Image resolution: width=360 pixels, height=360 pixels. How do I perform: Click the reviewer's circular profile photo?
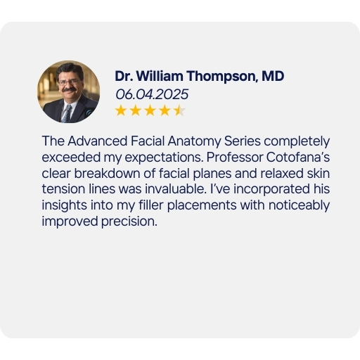coord(68,91)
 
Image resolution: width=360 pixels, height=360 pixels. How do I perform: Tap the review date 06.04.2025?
coord(152,94)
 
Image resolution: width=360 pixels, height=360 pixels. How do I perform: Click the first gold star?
coord(121,110)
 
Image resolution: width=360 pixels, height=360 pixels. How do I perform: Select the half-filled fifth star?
coord(179,110)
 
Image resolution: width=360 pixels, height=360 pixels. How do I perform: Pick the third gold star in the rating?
coord(150,110)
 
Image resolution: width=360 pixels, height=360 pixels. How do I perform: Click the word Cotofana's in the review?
coord(298,157)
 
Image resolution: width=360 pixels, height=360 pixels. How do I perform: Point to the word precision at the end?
coord(129,221)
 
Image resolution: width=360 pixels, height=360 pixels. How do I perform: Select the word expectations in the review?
coord(164,157)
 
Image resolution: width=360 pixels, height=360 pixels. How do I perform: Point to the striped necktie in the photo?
coord(67,113)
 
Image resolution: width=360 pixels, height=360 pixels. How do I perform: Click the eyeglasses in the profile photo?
coord(68,82)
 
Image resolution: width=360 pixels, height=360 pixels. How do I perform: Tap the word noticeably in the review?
coord(299,205)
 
